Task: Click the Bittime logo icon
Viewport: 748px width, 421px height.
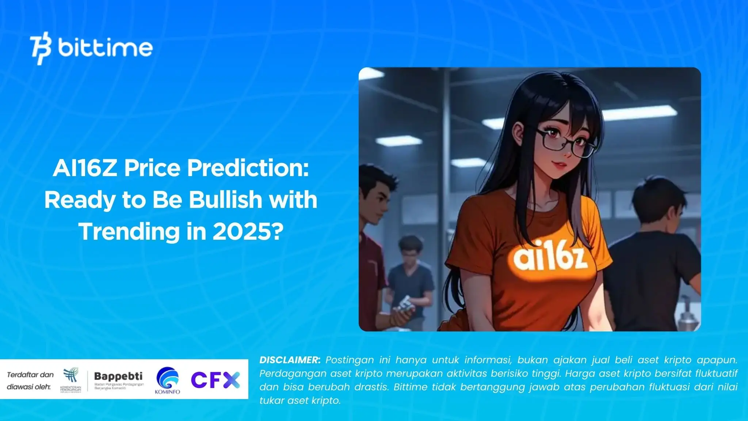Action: tap(41, 49)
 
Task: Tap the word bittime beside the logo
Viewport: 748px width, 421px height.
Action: tap(105, 48)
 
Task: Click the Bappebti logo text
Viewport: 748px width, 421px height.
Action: tap(118, 376)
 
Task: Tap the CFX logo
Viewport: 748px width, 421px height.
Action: tap(215, 380)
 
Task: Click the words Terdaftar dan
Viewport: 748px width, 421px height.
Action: tap(30, 375)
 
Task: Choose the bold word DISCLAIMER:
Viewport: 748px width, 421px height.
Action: tap(290, 360)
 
